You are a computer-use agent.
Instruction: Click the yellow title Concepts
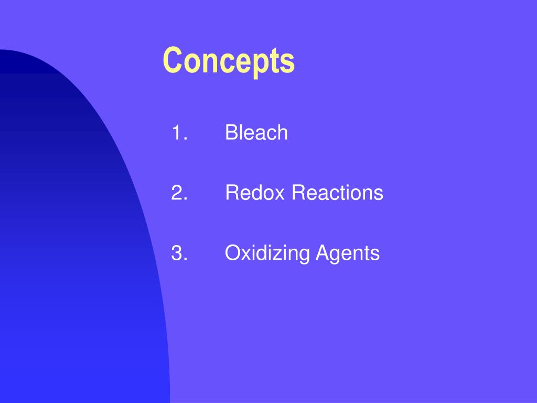tap(229, 61)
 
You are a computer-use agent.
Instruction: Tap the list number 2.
tap(179, 194)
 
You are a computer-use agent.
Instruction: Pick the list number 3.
tap(179, 254)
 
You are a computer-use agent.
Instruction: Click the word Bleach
tap(256, 133)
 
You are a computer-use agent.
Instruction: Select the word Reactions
tap(338, 194)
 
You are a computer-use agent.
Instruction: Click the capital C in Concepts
tap(171, 61)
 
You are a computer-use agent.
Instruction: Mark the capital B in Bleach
tap(231, 133)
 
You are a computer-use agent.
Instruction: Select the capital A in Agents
tap(321, 254)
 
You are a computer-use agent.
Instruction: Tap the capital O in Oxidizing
tap(232, 254)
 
